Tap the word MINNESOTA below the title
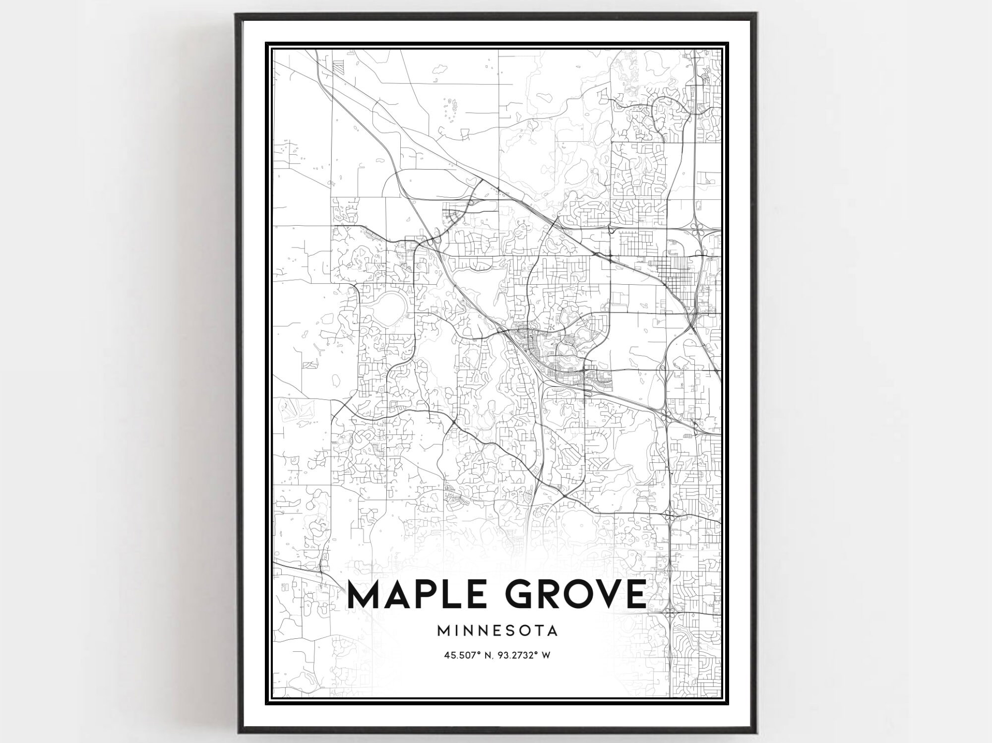pos(497,631)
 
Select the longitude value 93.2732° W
pos(525,655)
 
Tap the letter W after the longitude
pos(546,655)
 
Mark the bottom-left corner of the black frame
pos(238,733)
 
